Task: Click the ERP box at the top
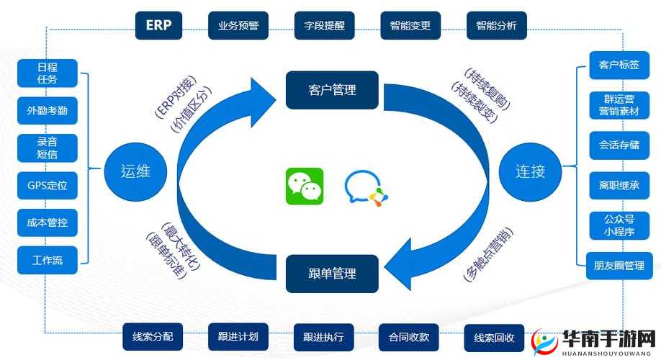pyautogui.click(x=158, y=25)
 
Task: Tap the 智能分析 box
pyautogui.click(x=496, y=25)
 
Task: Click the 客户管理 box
pyautogui.click(x=332, y=90)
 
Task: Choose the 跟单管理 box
pyautogui.click(x=332, y=274)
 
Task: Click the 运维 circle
pyautogui.click(x=135, y=171)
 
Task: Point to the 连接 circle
pyautogui.click(x=530, y=171)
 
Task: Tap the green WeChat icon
pyautogui.click(x=305, y=186)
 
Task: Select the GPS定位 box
pyautogui.click(x=48, y=186)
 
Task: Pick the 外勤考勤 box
pyautogui.click(x=48, y=111)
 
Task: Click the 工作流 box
pyautogui.click(x=48, y=260)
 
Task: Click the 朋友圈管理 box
pyautogui.click(x=614, y=266)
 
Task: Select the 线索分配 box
pyautogui.click(x=153, y=336)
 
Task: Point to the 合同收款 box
pyautogui.click(x=409, y=336)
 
